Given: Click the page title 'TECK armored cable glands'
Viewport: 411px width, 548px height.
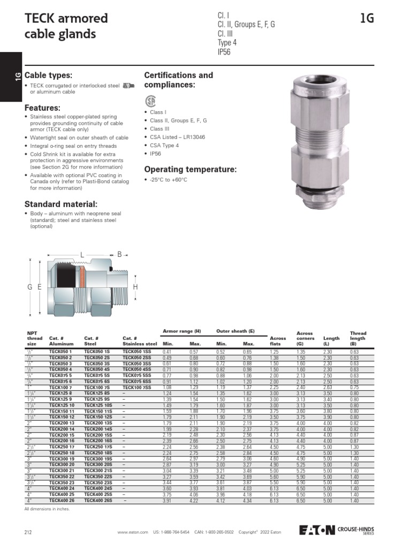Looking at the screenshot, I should point(66,26).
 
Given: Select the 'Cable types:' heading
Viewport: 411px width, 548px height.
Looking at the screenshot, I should point(48,75).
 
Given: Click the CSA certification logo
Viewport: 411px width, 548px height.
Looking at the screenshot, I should point(150,101).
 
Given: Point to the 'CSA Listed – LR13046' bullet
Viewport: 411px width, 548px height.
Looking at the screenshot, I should point(177,137).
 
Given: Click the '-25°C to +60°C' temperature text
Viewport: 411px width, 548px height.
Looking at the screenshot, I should point(169,180).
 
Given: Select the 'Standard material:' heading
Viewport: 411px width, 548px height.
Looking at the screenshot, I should point(61,204).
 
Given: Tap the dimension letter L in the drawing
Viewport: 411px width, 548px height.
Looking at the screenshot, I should point(82,254).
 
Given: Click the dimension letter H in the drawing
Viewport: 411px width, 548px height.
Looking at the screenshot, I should point(135,287).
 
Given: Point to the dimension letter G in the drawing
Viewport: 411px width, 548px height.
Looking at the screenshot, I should point(30,287).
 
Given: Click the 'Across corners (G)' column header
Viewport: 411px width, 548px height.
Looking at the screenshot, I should point(305,338).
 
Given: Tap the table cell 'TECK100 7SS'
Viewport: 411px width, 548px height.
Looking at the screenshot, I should point(136,386).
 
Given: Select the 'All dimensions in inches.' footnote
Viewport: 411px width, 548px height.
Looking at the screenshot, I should point(47,509).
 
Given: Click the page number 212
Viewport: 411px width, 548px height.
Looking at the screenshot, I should point(28,532).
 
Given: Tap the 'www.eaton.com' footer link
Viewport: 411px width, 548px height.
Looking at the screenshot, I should point(132,532).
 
